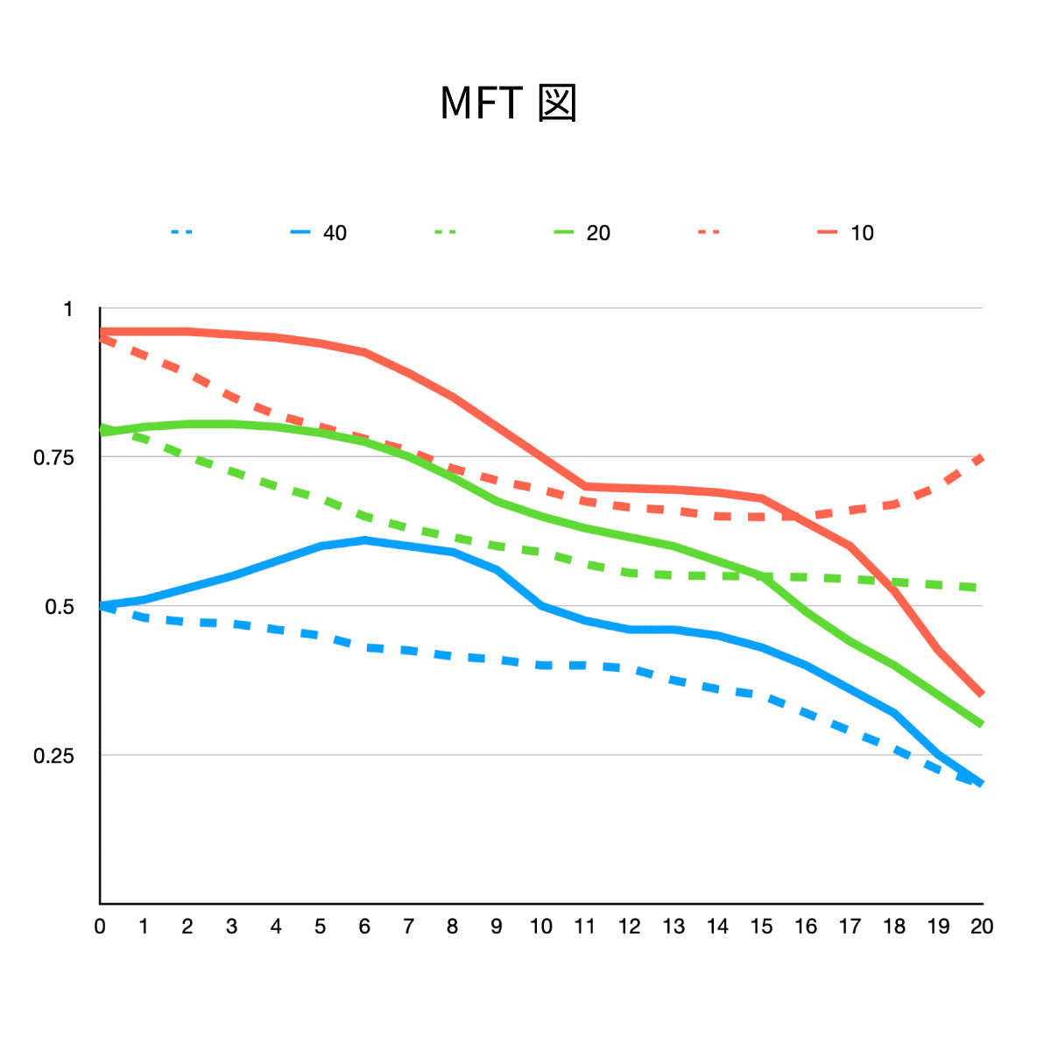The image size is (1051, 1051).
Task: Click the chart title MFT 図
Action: (x=508, y=103)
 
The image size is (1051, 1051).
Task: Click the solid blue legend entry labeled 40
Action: (x=319, y=233)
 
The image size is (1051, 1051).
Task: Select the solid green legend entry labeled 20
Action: (x=582, y=233)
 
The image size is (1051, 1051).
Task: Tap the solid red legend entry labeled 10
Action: (x=846, y=233)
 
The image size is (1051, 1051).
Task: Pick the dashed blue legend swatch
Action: (x=182, y=233)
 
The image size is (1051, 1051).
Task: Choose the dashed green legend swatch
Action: (x=446, y=233)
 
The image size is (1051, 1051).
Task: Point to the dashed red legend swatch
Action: (x=709, y=233)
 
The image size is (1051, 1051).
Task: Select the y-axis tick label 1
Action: (x=68, y=309)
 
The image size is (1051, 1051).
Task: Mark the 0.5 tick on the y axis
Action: (x=59, y=607)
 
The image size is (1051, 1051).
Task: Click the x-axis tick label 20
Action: (x=982, y=927)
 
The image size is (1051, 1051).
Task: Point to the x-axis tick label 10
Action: (x=541, y=927)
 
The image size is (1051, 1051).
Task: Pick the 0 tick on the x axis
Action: (x=100, y=927)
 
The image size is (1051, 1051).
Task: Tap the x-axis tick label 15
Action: (x=762, y=927)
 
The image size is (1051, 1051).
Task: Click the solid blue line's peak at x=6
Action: (x=364, y=540)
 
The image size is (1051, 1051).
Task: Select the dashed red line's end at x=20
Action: (x=982, y=457)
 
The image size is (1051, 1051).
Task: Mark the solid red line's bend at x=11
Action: (x=585, y=486)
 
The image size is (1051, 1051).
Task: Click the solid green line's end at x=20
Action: (x=982, y=724)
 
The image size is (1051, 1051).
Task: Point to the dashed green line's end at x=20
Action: (x=982, y=587)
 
